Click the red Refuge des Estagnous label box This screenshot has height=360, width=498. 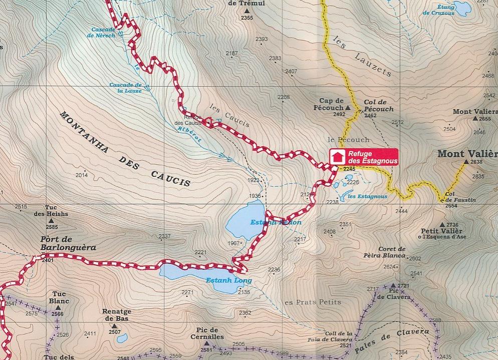(364, 157)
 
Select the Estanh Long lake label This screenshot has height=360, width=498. (228, 280)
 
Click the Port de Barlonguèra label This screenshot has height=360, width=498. (68, 243)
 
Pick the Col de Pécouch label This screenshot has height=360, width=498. (379, 106)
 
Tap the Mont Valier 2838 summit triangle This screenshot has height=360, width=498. (466, 162)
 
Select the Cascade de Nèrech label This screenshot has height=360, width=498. (103, 32)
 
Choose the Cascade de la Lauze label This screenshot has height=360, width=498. (125, 88)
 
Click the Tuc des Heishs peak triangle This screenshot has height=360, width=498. (58, 220)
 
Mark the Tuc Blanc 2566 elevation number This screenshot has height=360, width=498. (57, 314)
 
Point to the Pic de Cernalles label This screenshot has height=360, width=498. (206, 333)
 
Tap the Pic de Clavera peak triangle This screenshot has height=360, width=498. (393, 286)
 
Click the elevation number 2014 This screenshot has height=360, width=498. (81, 175)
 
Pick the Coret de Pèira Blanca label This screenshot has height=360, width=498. (391, 252)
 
